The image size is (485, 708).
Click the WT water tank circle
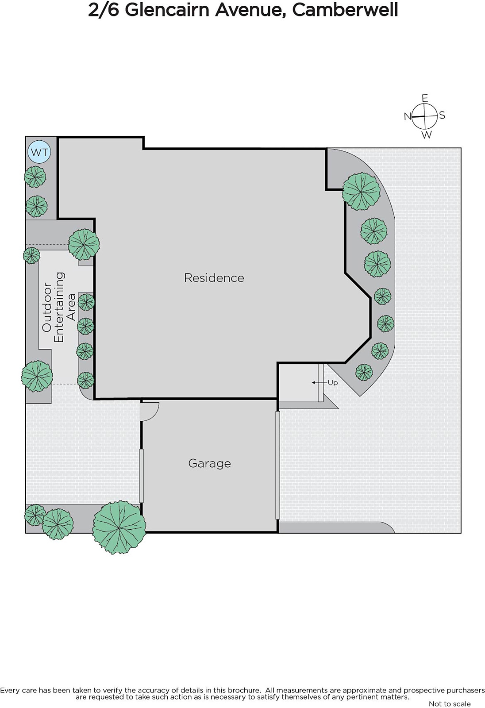[39, 152]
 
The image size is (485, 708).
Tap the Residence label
[214, 278]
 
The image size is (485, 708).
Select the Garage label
[210, 463]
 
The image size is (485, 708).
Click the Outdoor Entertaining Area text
[59, 307]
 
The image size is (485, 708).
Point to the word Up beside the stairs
[333, 383]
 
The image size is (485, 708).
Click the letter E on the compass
[425, 98]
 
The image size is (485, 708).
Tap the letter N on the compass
[407, 117]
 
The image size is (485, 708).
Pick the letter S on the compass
[442, 115]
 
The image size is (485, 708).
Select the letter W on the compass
[427, 135]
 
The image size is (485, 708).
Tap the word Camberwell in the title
[345, 10]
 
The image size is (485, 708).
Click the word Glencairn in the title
[167, 10]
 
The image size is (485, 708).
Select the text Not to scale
[450, 704]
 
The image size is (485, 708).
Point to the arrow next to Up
[317, 383]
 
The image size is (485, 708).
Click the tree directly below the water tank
[35, 177]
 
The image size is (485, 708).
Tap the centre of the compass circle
[425, 116]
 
